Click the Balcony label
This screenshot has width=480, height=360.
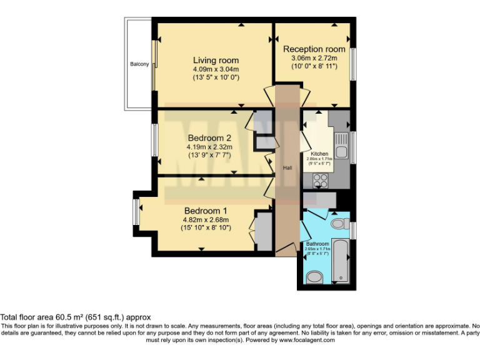[139, 64]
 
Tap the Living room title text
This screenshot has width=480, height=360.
[216, 61]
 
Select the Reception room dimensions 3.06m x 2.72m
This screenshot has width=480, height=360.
[314, 58]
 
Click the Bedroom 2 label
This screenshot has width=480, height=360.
[209, 138]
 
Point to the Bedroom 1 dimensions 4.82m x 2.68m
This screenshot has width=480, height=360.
[206, 220]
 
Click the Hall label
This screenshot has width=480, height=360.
[287, 168]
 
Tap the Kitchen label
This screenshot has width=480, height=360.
[319, 153]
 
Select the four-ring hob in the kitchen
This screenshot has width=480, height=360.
[320, 179]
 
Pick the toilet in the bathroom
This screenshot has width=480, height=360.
[338, 223]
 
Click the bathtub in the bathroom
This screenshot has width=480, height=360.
[341, 259]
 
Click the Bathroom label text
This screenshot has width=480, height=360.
[317, 243]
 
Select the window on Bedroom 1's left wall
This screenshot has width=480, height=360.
[136, 212]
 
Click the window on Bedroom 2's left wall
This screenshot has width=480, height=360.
[154, 140]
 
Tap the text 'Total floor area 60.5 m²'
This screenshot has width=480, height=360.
[50, 317]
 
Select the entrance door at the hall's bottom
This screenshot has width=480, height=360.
[284, 251]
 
